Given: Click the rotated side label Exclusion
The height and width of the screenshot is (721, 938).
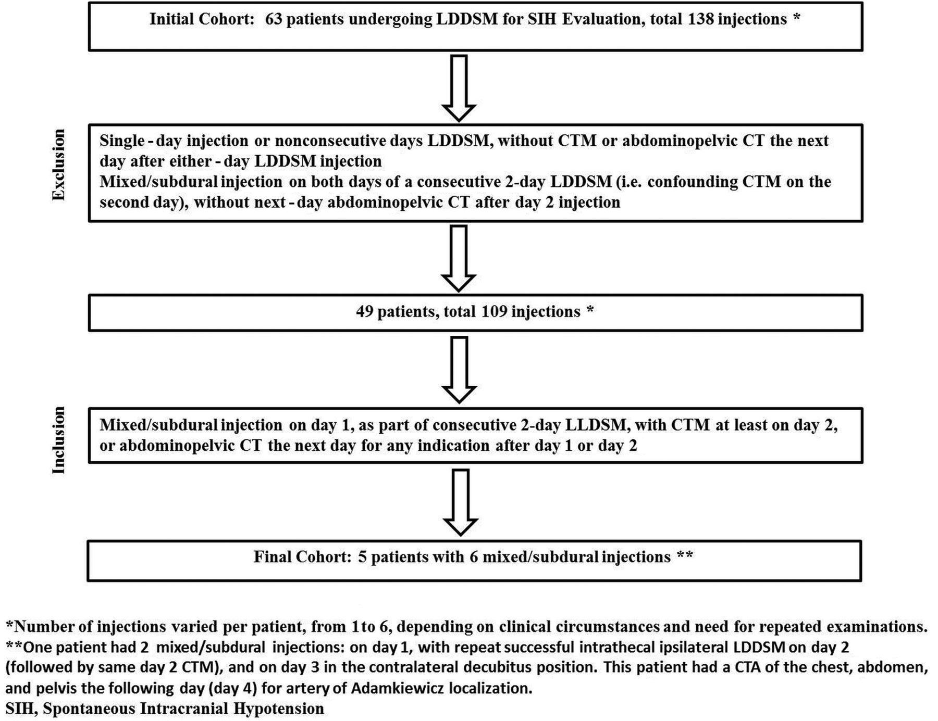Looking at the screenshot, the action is [x=59, y=165].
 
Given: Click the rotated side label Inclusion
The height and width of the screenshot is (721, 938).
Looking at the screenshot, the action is [x=59, y=440].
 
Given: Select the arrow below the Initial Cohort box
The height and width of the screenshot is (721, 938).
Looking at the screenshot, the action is [x=459, y=88].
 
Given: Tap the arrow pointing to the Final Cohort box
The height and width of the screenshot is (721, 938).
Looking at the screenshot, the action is [x=460, y=502].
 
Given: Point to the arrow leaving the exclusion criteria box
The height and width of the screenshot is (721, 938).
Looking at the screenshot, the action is [x=459, y=258].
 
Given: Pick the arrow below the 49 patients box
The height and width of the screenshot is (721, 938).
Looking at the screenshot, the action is [x=459, y=370].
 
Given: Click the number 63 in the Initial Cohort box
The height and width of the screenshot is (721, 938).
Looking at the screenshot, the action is [x=274, y=19].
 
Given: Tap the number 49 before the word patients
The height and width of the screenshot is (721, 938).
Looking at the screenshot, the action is [x=364, y=311].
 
